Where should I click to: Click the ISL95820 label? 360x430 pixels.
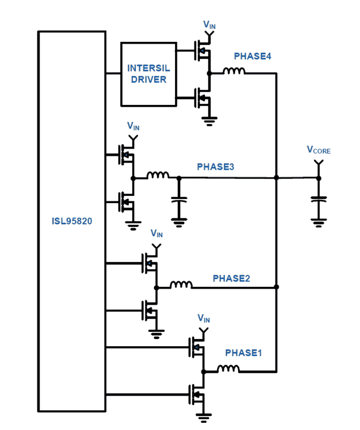click(72, 221)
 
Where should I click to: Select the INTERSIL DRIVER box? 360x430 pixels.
click(148, 74)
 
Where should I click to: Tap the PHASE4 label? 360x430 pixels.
click(252, 56)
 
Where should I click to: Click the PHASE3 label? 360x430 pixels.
click(215, 167)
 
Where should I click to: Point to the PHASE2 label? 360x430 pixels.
click(231, 278)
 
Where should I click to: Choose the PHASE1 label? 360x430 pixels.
click(243, 353)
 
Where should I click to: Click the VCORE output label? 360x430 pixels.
click(318, 150)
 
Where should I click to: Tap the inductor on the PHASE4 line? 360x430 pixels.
click(234, 71)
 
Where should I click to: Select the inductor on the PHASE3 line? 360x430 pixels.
click(158, 175)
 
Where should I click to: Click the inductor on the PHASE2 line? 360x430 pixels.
click(181, 285)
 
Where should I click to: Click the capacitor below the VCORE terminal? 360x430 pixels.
click(318, 199)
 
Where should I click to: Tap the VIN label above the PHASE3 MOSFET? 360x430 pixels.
click(133, 126)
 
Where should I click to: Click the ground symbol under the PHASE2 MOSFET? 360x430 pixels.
click(156, 334)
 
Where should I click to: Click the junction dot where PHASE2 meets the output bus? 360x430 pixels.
click(276, 287)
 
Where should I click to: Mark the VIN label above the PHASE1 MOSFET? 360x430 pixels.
click(204, 318)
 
